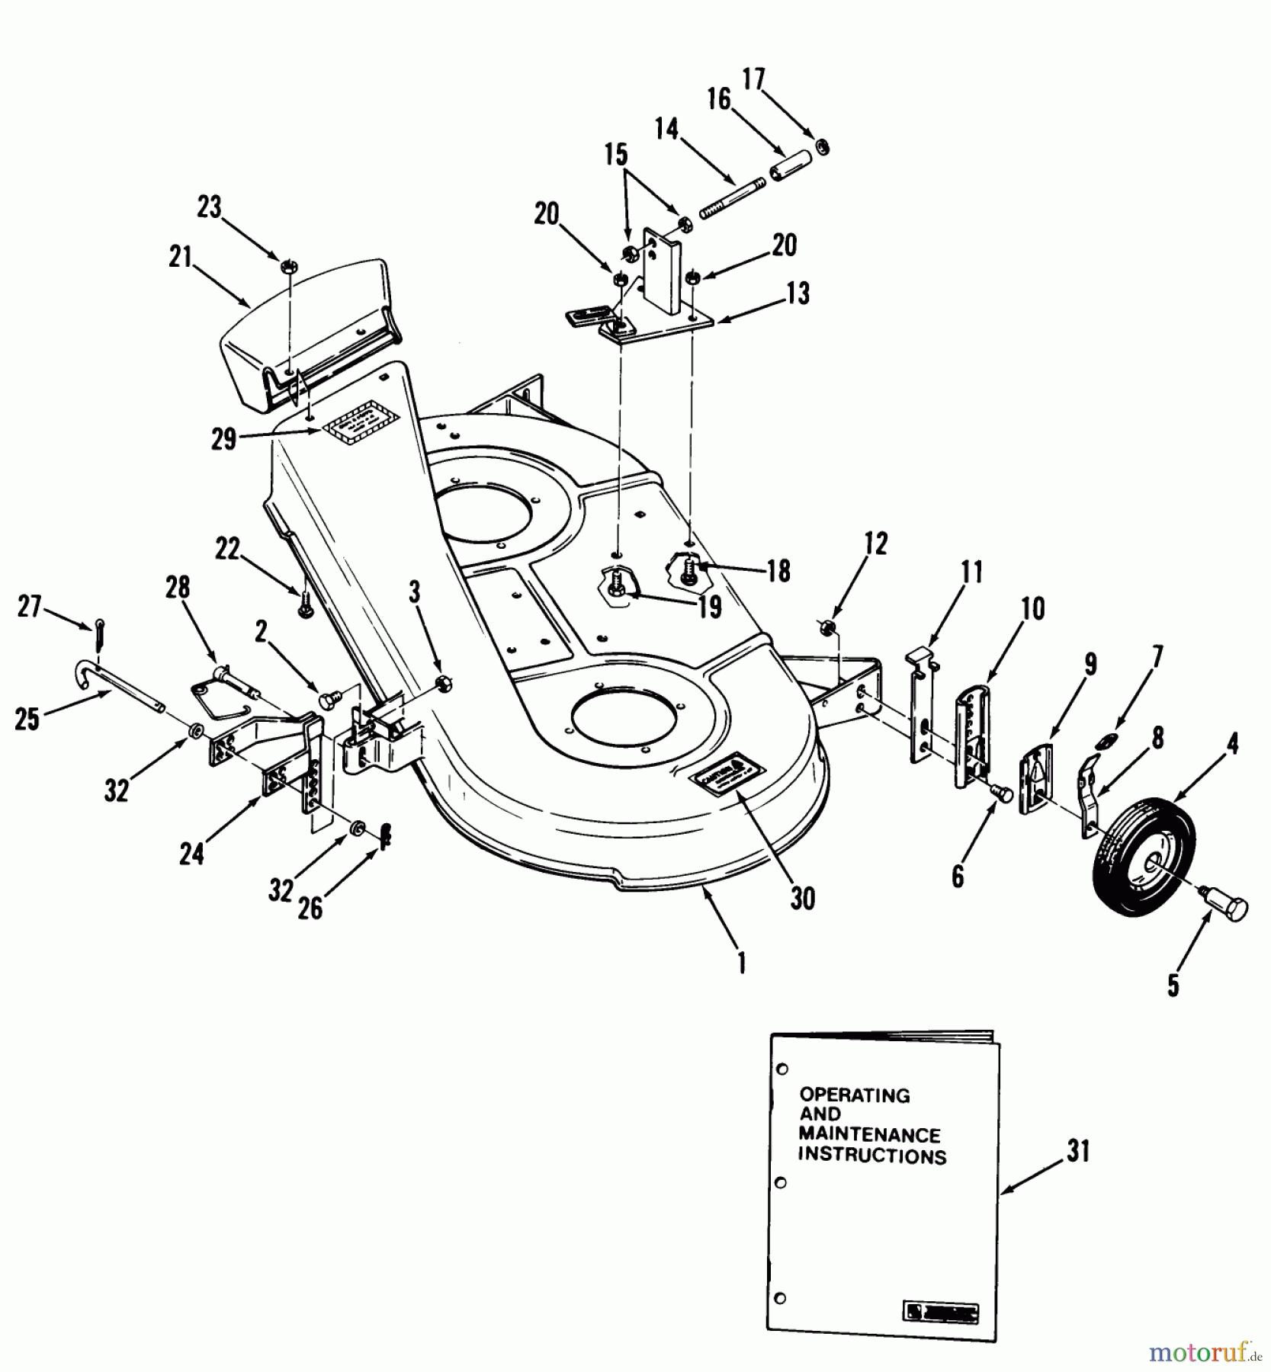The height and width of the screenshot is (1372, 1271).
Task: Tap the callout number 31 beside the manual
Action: click(x=1078, y=1151)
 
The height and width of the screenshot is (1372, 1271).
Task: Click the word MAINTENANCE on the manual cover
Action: click(x=869, y=1135)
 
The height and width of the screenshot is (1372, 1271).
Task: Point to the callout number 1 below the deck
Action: click(x=740, y=964)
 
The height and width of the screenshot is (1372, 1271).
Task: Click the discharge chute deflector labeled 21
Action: click(x=305, y=335)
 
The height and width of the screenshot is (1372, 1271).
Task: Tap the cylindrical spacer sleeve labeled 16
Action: click(x=788, y=165)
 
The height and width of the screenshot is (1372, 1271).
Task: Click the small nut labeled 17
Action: click(x=823, y=145)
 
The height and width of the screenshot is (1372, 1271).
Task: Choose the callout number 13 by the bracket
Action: click(x=798, y=293)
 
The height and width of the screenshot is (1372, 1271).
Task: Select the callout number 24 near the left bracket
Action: click(x=192, y=854)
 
